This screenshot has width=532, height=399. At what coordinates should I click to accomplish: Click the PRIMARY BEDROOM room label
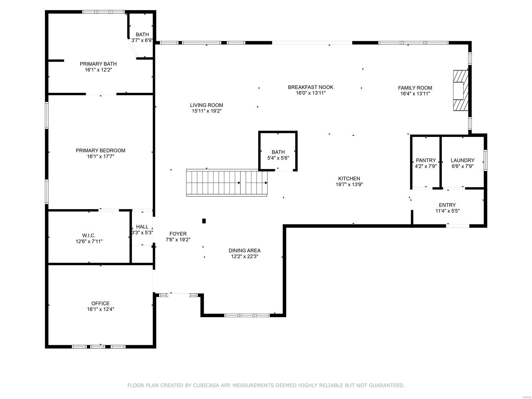[100, 150]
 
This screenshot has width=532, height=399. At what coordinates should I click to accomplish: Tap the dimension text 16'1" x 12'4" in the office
[100, 309]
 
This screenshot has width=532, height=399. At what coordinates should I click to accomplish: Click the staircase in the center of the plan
[227, 183]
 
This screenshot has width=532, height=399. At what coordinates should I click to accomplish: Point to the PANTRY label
[426, 160]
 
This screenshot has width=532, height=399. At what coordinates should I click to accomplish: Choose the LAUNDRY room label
[463, 160]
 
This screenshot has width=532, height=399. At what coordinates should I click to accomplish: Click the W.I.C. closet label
[89, 235]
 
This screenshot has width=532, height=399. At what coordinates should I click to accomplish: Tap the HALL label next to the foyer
[142, 227]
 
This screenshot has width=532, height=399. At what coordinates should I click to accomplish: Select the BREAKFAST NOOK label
[311, 87]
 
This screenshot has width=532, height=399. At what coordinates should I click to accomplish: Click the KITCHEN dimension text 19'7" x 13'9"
[349, 185]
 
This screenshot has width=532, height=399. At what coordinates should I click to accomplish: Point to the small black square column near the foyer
[204, 221]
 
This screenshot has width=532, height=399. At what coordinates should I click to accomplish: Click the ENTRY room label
[447, 205]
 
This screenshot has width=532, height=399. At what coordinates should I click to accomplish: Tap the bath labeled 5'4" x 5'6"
[278, 155]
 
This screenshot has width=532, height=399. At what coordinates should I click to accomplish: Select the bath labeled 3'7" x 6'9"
[142, 37]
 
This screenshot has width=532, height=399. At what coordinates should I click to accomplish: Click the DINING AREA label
[244, 250]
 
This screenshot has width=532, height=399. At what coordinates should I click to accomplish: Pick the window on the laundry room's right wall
[485, 160]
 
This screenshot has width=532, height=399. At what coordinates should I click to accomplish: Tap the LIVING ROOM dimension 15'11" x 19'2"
[206, 111]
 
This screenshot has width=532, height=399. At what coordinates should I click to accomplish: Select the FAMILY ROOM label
[415, 88]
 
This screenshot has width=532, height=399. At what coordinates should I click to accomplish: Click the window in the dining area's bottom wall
[247, 315]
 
